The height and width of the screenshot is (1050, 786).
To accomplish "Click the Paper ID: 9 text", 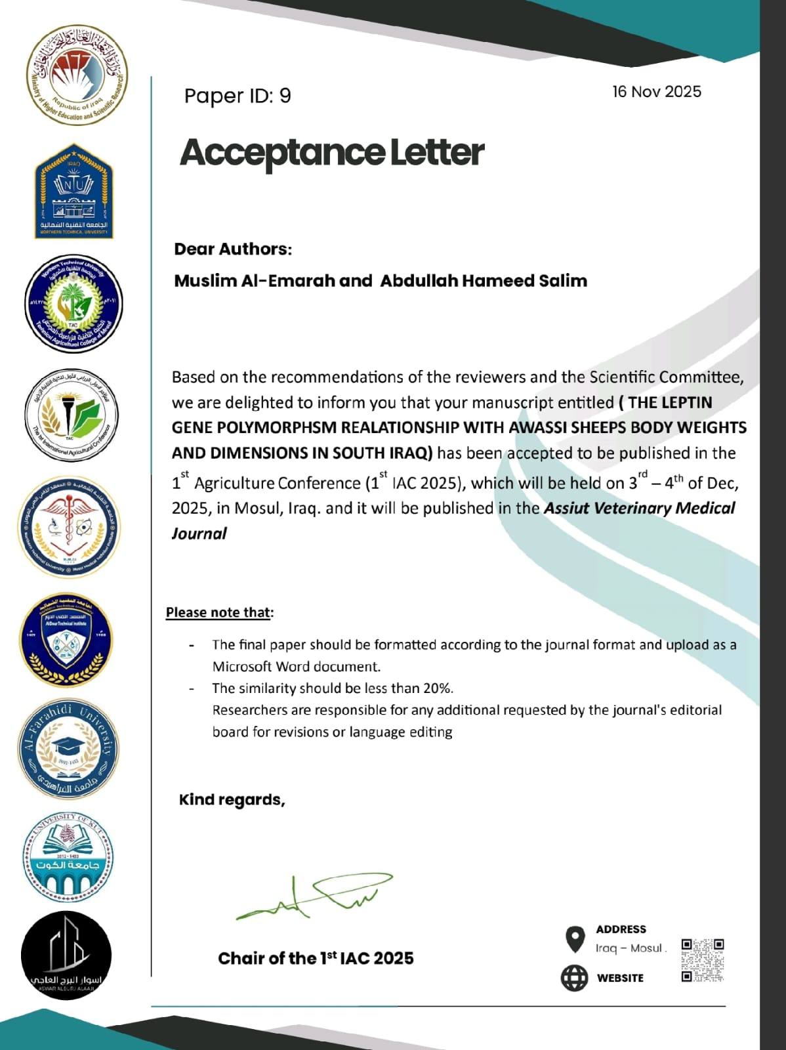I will (237, 96).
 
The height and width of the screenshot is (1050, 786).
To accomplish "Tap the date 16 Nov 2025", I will (657, 91).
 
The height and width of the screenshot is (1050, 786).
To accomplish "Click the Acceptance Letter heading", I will (332, 152).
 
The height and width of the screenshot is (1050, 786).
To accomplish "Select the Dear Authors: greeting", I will (233, 249).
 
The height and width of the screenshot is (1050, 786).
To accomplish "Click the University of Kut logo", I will (68, 856).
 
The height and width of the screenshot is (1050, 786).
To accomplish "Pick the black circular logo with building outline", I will (66, 955).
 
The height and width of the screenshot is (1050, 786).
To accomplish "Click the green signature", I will (314, 896).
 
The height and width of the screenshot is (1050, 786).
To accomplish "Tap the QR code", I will (702, 960).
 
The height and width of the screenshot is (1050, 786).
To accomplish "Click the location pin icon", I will (575, 939).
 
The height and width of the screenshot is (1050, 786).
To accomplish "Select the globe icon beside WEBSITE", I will (574, 978).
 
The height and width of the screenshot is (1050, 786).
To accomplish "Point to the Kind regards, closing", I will (232, 800).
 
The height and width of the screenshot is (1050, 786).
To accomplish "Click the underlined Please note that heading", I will (218, 612).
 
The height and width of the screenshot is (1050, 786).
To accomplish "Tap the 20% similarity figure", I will (437, 688).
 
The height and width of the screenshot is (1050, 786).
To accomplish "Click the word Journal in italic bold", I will (199, 534).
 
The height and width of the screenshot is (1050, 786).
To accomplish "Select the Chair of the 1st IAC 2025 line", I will (316, 958).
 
